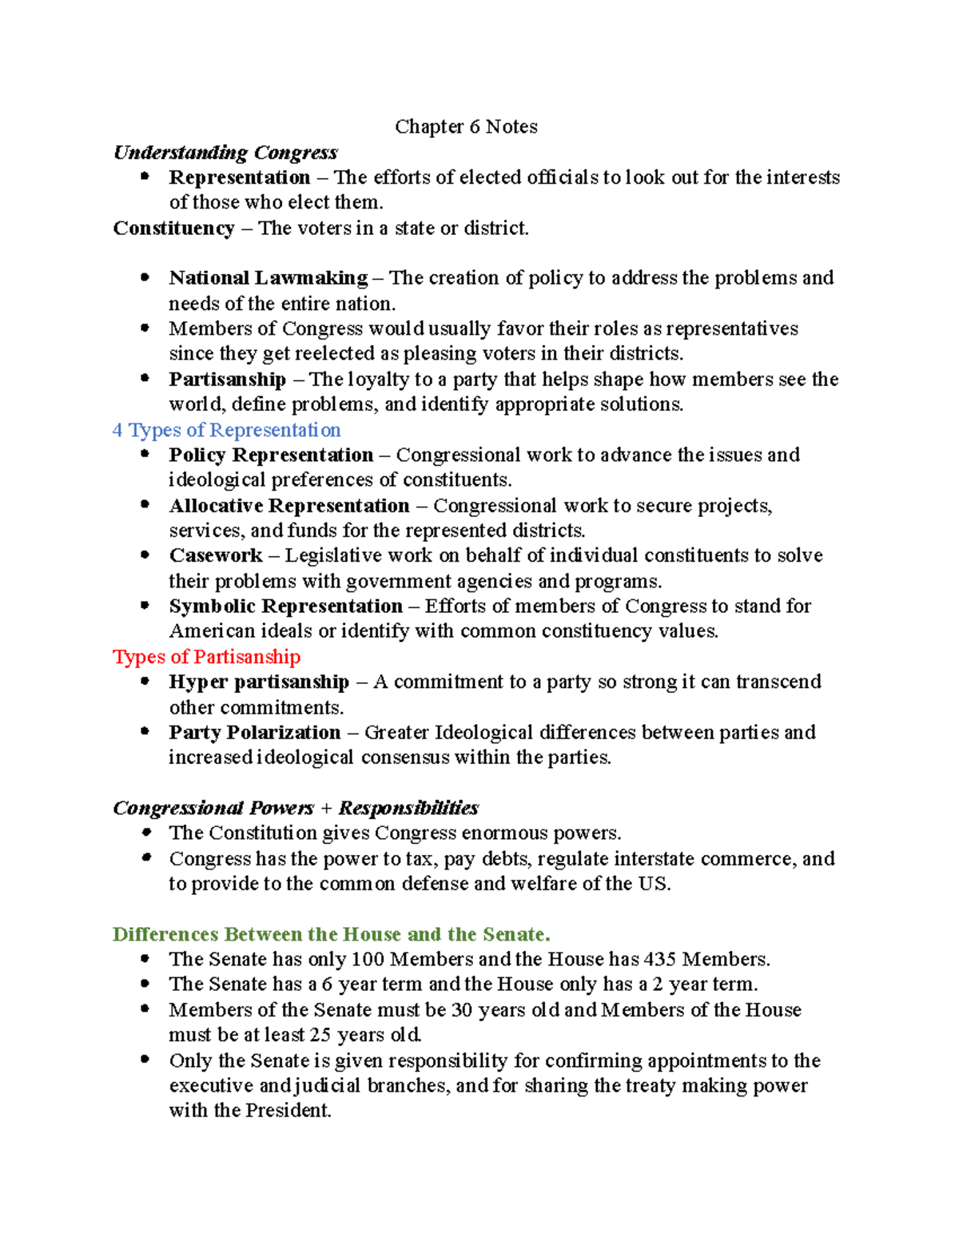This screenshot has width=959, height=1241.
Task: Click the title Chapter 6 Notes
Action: point(466,127)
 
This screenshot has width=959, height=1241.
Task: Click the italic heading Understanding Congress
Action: point(225,153)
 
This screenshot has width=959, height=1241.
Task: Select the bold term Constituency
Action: point(173,229)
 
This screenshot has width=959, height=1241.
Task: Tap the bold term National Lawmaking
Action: point(268,278)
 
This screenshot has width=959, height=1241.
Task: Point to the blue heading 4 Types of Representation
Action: point(226,430)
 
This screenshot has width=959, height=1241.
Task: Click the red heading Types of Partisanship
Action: point(206,657)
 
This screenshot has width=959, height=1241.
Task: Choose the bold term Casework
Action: point(216,555)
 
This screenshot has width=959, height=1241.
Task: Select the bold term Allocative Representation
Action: point(288,506)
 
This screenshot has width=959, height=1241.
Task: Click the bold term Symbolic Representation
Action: point(285,607)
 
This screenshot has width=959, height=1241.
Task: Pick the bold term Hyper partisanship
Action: point(259,682)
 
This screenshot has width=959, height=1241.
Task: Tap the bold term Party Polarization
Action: point(254,733)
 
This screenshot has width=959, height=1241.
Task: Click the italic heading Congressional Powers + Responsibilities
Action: point(296,808)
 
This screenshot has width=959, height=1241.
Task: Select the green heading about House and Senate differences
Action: point(331,935)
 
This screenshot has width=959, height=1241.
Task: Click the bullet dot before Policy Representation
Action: point(145,454)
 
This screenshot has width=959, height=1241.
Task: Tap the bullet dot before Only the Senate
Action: point(145,1060)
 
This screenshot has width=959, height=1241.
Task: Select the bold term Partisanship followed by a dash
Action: point(227,380)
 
